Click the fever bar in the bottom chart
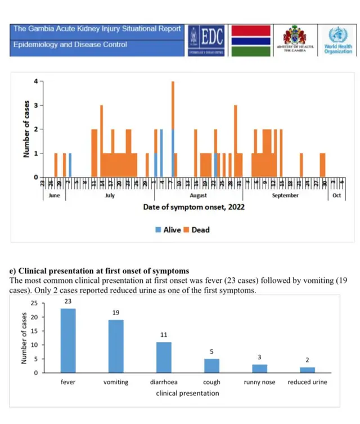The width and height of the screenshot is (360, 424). pos(68,340)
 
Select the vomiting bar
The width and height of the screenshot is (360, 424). pos(116,346)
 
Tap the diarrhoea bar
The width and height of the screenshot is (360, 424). pos(164,357)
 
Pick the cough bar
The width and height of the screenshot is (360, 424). pos(211,366)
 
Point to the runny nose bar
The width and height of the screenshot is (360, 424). pos(259,368)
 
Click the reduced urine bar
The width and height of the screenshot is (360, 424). pos(307,369)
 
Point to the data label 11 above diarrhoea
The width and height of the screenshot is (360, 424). pos(164,335)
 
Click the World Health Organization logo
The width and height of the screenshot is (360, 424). pos(337,40)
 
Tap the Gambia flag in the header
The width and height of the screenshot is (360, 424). pos(251,40)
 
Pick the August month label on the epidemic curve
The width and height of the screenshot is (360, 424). pos(198,196)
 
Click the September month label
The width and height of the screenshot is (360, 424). pos(285,196)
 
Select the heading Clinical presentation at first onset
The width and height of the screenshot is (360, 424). pos(99,272)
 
